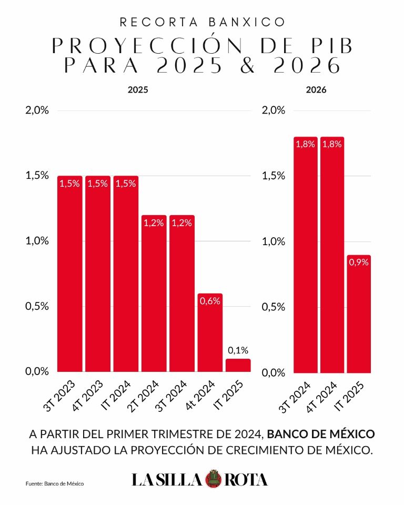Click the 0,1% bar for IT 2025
pyautogui.click(x=238, y=365)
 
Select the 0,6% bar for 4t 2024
pyautogui.click(x=210, y=332)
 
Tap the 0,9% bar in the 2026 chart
pyautogui.click(x=359, y=314)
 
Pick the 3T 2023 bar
pyautogui.click(x=70, y=274)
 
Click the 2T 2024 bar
pyautogui.click(x=154, y=294)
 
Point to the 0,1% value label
pyautogui.click(x=238, y=350)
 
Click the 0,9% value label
pyautogui.click(x=359, y=262)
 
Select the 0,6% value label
pyautogui.click(x=210, y=301)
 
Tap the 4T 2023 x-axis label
pyautogui.click(x=88, y=395)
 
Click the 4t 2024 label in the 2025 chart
pyautogui.click(x=200, y=395)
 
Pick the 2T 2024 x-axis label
pyautogui.click(x=143, y=396)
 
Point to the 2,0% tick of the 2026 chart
pyautogui.click(x=274, y=110)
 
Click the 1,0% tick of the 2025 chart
pyautogui.click(x=37, y=240)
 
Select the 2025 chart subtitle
pyautogui.click(x=138, y=89)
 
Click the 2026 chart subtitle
pyautogui.click(x=316, y=89)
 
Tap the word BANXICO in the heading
pyautogui.click(x=247, y=22)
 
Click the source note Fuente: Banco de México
pyautogui.click(x=55, y=483)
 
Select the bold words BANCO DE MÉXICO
pyautogui.click(x=321, y=434)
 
